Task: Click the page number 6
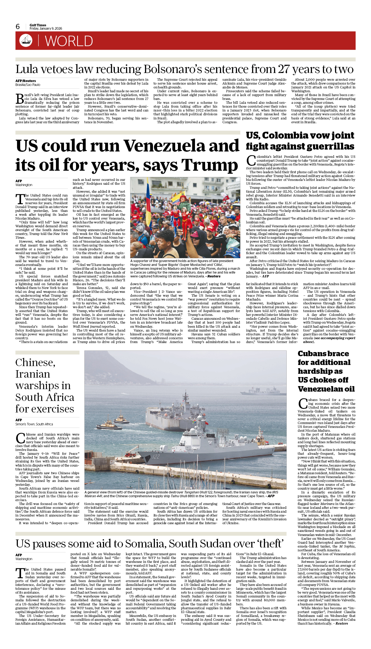(x=18, y=27)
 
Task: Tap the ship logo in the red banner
(x=26, y=40)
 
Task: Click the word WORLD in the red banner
(x=69, y=41)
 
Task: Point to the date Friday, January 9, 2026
(x=46, y=29)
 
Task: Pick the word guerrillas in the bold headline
(x=330, y=146)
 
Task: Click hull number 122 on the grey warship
(x=156, y=457)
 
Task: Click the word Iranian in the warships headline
(x=33, y=374)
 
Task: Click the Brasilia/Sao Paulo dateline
(x=28, y=85)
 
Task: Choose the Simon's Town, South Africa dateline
(x=34, y=424)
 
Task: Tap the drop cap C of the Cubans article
(x=303, y=404)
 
